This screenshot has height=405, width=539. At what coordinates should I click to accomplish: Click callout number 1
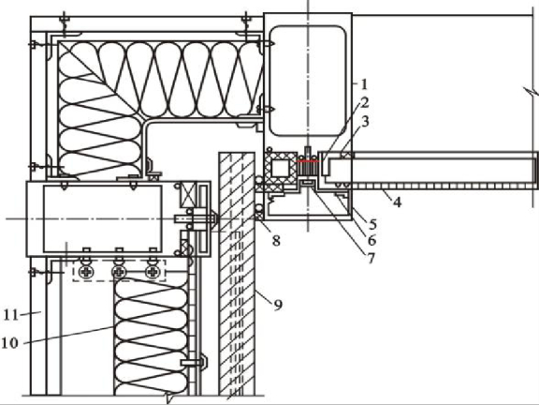pyautogui.click(x=364, y=83)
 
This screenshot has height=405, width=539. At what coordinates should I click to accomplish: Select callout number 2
pyautogui.click(x=365, y=102)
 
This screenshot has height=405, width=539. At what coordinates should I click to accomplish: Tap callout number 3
pyautogui.click(x=365, y=121)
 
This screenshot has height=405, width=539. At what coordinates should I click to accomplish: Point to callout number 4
pyautogui.click(x=397, y=202)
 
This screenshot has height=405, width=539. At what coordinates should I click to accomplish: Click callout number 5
pyautogui.click(x=372, y=224)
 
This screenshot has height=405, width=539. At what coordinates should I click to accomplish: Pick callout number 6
pyautogui.click(x=371, y=241)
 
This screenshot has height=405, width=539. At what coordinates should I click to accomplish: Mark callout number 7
pyautogui.click(x=371, y=259)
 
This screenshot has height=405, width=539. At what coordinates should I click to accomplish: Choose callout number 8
pyautogui.click(x=276, y=241)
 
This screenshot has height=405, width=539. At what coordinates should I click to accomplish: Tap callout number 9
pyautogui.click(x=278, y=305)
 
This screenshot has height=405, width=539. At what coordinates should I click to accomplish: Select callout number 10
pyautogui.click(x=9, y=343)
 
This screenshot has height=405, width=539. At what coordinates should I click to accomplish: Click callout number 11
pyautogui.click(x=10, y=315)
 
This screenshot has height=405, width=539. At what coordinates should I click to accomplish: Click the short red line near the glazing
pyautogui.click(x=308, y=161)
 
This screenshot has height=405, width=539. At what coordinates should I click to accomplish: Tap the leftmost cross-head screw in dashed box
pyautogui.click(x=85, y=272)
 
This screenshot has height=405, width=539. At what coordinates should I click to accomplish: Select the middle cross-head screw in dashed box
pyautogui.click(x=119, y=272)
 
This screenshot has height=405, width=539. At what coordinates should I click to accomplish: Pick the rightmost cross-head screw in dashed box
pyautogui.click(x=153, y=272)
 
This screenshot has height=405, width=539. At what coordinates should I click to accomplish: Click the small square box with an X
pyautogui.click(x=188, y=194)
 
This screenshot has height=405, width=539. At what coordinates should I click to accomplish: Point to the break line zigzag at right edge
pyautogui.click(x=532, y=92)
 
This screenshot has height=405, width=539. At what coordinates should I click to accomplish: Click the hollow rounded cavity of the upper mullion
pyautogui.click(x=308, y=81)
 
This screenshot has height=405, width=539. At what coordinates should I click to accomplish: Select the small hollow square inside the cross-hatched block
pyautogui.click(x=281, y=169)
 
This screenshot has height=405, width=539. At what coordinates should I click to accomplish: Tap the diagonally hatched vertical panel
pyautogui.click(x=237, y=274)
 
